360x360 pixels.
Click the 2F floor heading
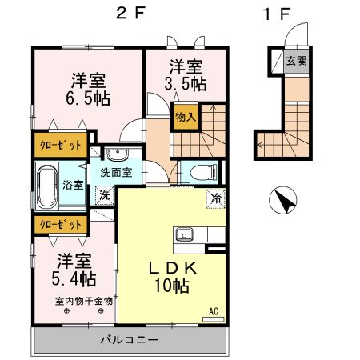tap(130, 13)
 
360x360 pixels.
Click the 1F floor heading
tap(276, 14)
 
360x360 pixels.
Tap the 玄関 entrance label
tap(296, 61)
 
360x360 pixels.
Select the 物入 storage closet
tap(186, 117)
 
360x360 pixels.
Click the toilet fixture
tap(203, 172)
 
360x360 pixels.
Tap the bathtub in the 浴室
tap(47, 187)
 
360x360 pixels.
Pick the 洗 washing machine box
tap(105, 195)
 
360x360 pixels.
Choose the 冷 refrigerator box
tap(215, 198)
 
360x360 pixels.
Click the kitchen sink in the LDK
tap(184, 234)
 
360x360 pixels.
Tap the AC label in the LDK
tap(214, 311)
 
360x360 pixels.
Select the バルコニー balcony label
tap(130, 340)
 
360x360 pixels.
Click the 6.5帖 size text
tap(88, 98)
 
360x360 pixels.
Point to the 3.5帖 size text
tap(186, 84)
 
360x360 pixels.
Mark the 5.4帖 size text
tap(74, 279)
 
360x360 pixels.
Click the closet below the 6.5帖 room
tap(61, 145)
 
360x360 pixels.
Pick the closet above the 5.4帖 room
tap(61, 225)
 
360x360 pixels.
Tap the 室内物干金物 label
tap(84, 302)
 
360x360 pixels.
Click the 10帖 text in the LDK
tap(172, 286)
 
